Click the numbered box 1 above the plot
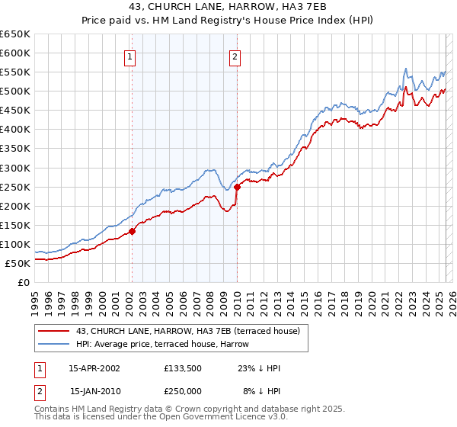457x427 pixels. [x=129, y=56]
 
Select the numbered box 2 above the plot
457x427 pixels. [x=235, y=56]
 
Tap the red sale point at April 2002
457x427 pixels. [x=132, y=231]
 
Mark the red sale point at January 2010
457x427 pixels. [x=237, y=186]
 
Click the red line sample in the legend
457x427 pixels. [x=53, y=331]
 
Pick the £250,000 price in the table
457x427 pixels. [x=183, y=391]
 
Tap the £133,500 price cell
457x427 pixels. [x=183, y=368]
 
